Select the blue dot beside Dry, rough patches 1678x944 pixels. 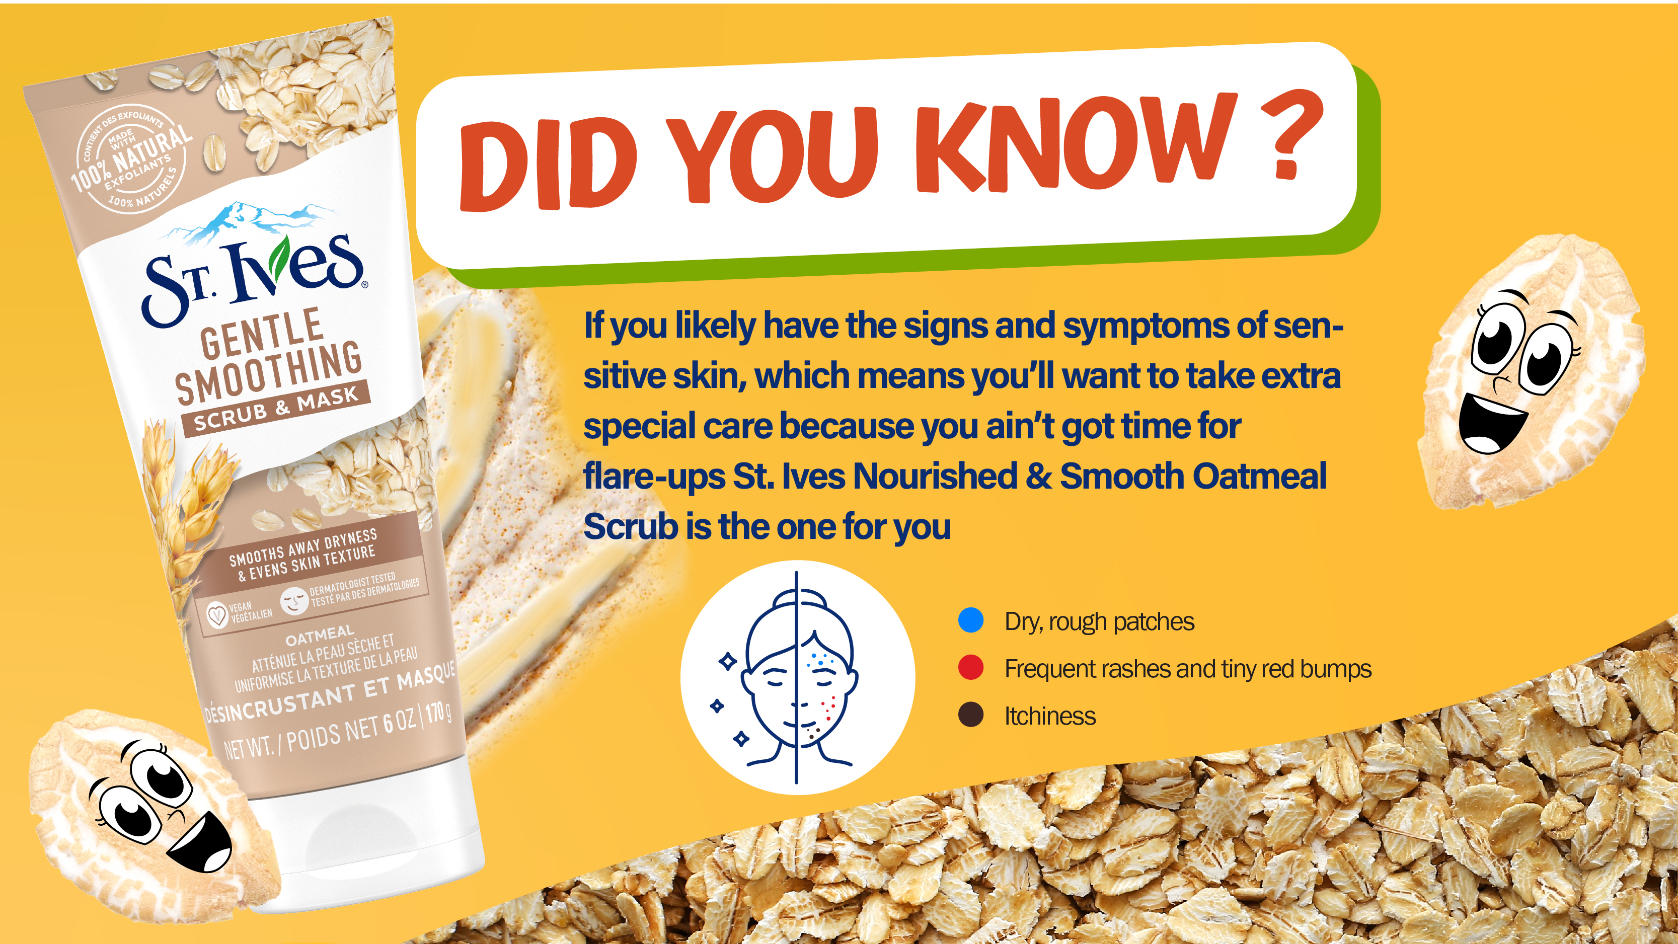tap(970, 620)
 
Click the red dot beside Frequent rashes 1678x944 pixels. tap(970, 668)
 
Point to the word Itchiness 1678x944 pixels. tap(1050, 716)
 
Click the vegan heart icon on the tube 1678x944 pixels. tap(217, 614)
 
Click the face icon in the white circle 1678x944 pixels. tap(796, 677)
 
